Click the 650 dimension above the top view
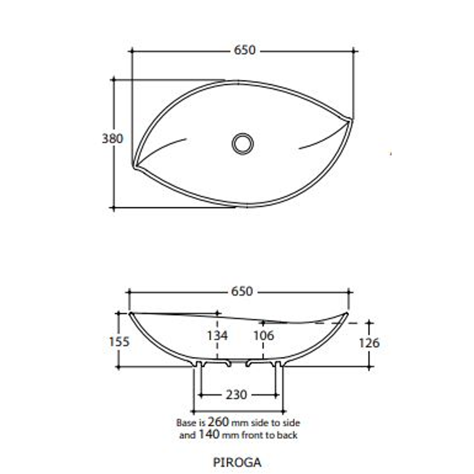(x=244, y=50)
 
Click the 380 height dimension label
(x=113, y=139)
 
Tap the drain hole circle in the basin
(x=243, y=144)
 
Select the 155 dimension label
(x=119, y=341)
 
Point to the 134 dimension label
(x=217, y=336)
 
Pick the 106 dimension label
(x=263, y=336)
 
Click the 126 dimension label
(x=369, y=343)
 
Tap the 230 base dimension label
(x=236, y=395)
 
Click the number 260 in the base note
(x=219, y=422)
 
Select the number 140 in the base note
(x=209, y=435)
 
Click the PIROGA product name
(x=237, y=462)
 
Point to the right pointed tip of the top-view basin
(x=351, y=119)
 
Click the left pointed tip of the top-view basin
(x=134, y=165)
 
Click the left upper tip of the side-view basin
(x=131, y=313)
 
